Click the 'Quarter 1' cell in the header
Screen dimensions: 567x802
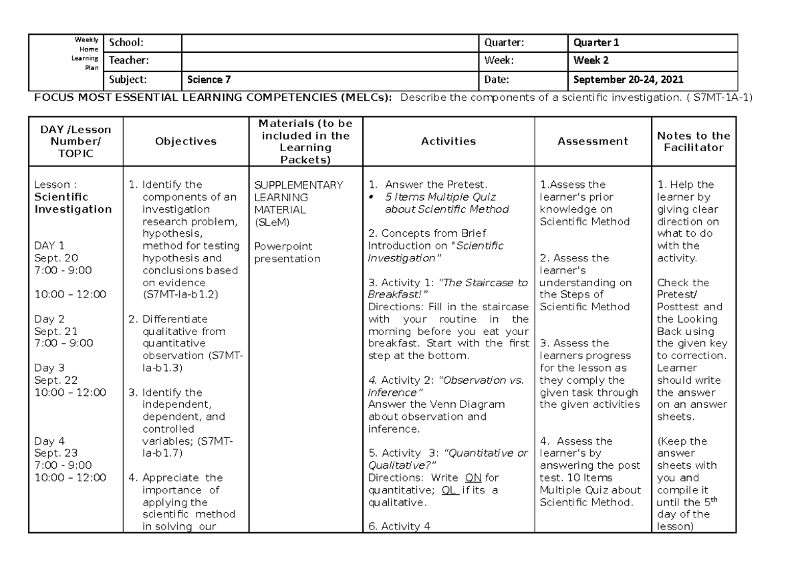point(596,43)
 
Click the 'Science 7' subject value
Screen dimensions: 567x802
point(209,80)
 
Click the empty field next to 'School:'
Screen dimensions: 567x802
point(331,43)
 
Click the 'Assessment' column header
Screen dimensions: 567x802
point(593,141)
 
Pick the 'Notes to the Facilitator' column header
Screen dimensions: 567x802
point(694,141)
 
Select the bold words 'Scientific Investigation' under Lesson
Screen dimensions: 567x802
point(73,203)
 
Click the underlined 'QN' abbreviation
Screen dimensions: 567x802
point(472,477)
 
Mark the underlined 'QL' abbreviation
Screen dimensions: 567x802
point(451,489)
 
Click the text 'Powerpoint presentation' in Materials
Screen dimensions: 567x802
point(287,252)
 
